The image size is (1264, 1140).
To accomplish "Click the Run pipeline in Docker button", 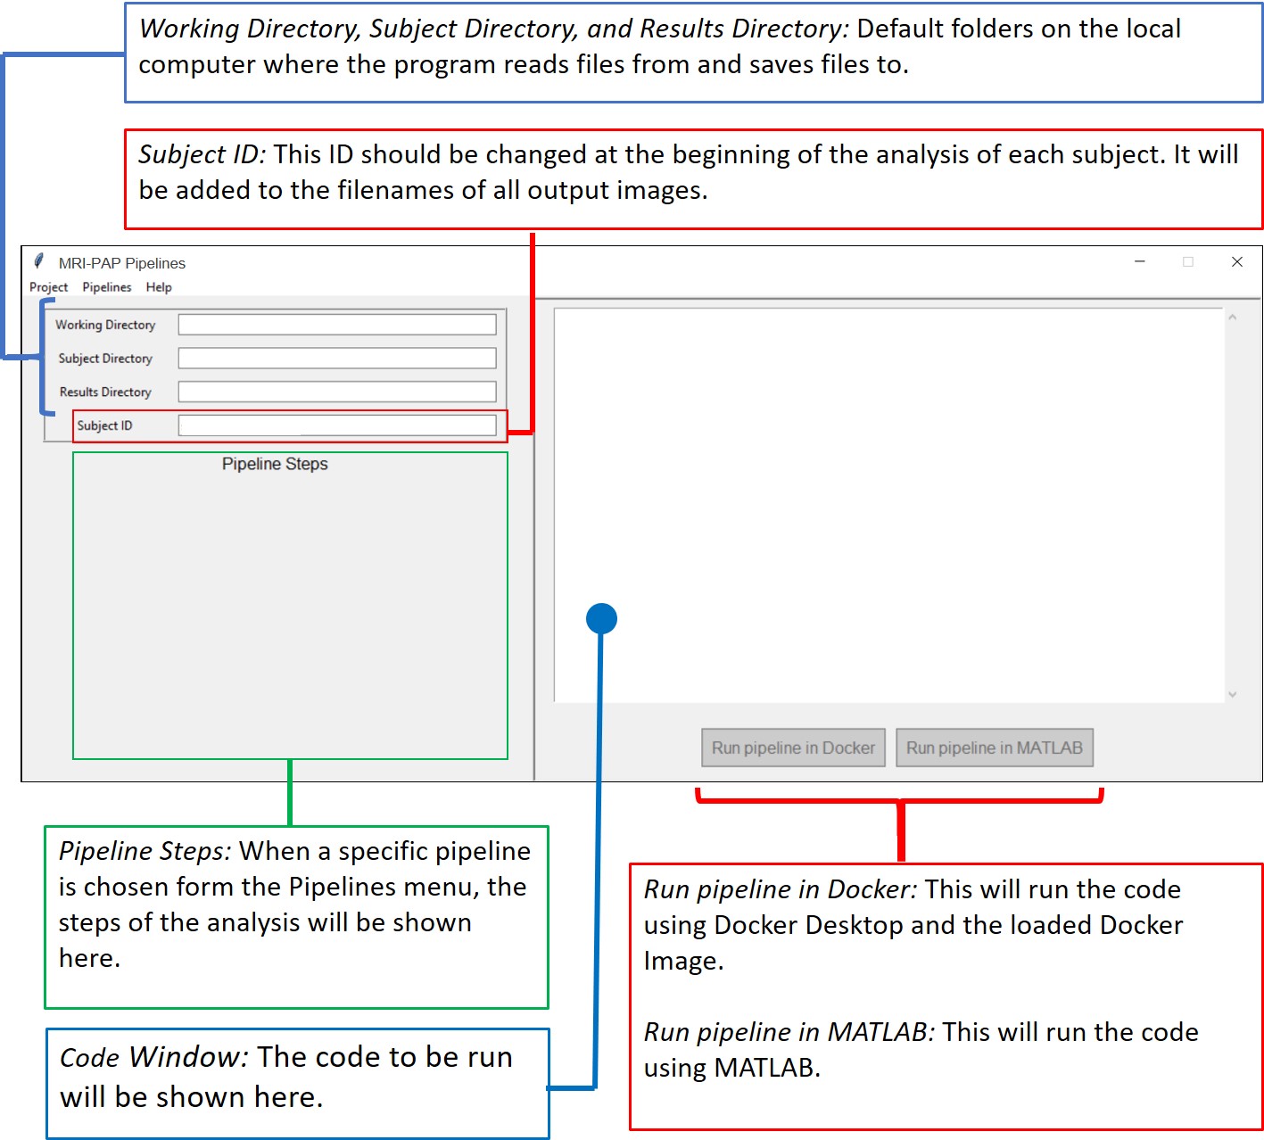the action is tap(792, 748).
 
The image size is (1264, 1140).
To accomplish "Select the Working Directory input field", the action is tap(336, 325).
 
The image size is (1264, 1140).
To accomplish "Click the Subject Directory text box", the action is tap(336, 359).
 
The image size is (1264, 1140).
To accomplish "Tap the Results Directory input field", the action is tap(336, 392).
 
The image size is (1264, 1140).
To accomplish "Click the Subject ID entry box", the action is tap(336, 425).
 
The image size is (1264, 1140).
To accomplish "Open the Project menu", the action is tap(48, 287).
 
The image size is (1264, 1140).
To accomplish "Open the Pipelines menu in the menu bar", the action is tap(107, 287).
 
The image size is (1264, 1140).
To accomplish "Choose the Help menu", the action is tap(159, 287).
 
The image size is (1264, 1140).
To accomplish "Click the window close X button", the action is tap(1236, 261).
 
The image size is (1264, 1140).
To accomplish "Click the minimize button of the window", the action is tap(1139, 261).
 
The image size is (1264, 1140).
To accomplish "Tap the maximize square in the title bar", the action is tap(1187, 261).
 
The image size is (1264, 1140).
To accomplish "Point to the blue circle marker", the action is tap(601, 618).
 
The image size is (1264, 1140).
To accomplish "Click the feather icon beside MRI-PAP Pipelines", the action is tap(38, 261).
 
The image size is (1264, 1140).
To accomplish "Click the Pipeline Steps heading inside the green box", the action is tap(275, 464).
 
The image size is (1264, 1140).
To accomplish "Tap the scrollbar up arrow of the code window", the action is tap(1232, 318).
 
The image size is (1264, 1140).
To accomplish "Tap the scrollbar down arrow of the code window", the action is tap(1232, 694).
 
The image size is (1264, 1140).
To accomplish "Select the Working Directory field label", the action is tap(105, 325).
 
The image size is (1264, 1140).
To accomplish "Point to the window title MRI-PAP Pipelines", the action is tap(122, 263).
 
